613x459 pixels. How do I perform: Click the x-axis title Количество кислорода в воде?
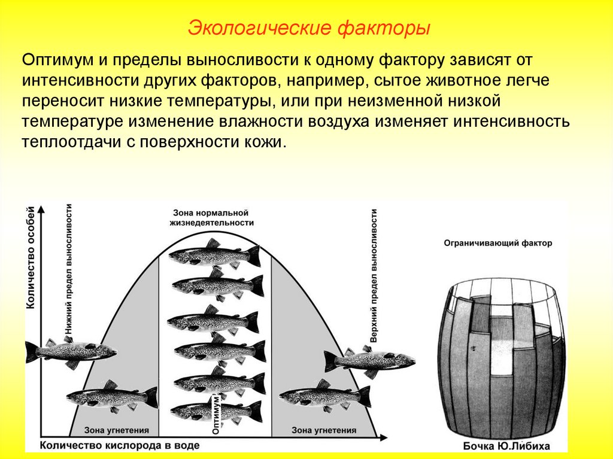(x=120, y=446)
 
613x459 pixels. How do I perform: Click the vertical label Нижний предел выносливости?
(x=69, y=269)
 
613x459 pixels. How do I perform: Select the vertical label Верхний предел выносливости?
(x=374, y=275)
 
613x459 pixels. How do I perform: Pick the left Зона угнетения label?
(x=114, y=430)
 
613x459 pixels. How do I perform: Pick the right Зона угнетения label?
(x=323, y=430)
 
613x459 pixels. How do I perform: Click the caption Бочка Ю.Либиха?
(x=506, y=446)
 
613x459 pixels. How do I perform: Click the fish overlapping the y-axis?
(x=69, y=351)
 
